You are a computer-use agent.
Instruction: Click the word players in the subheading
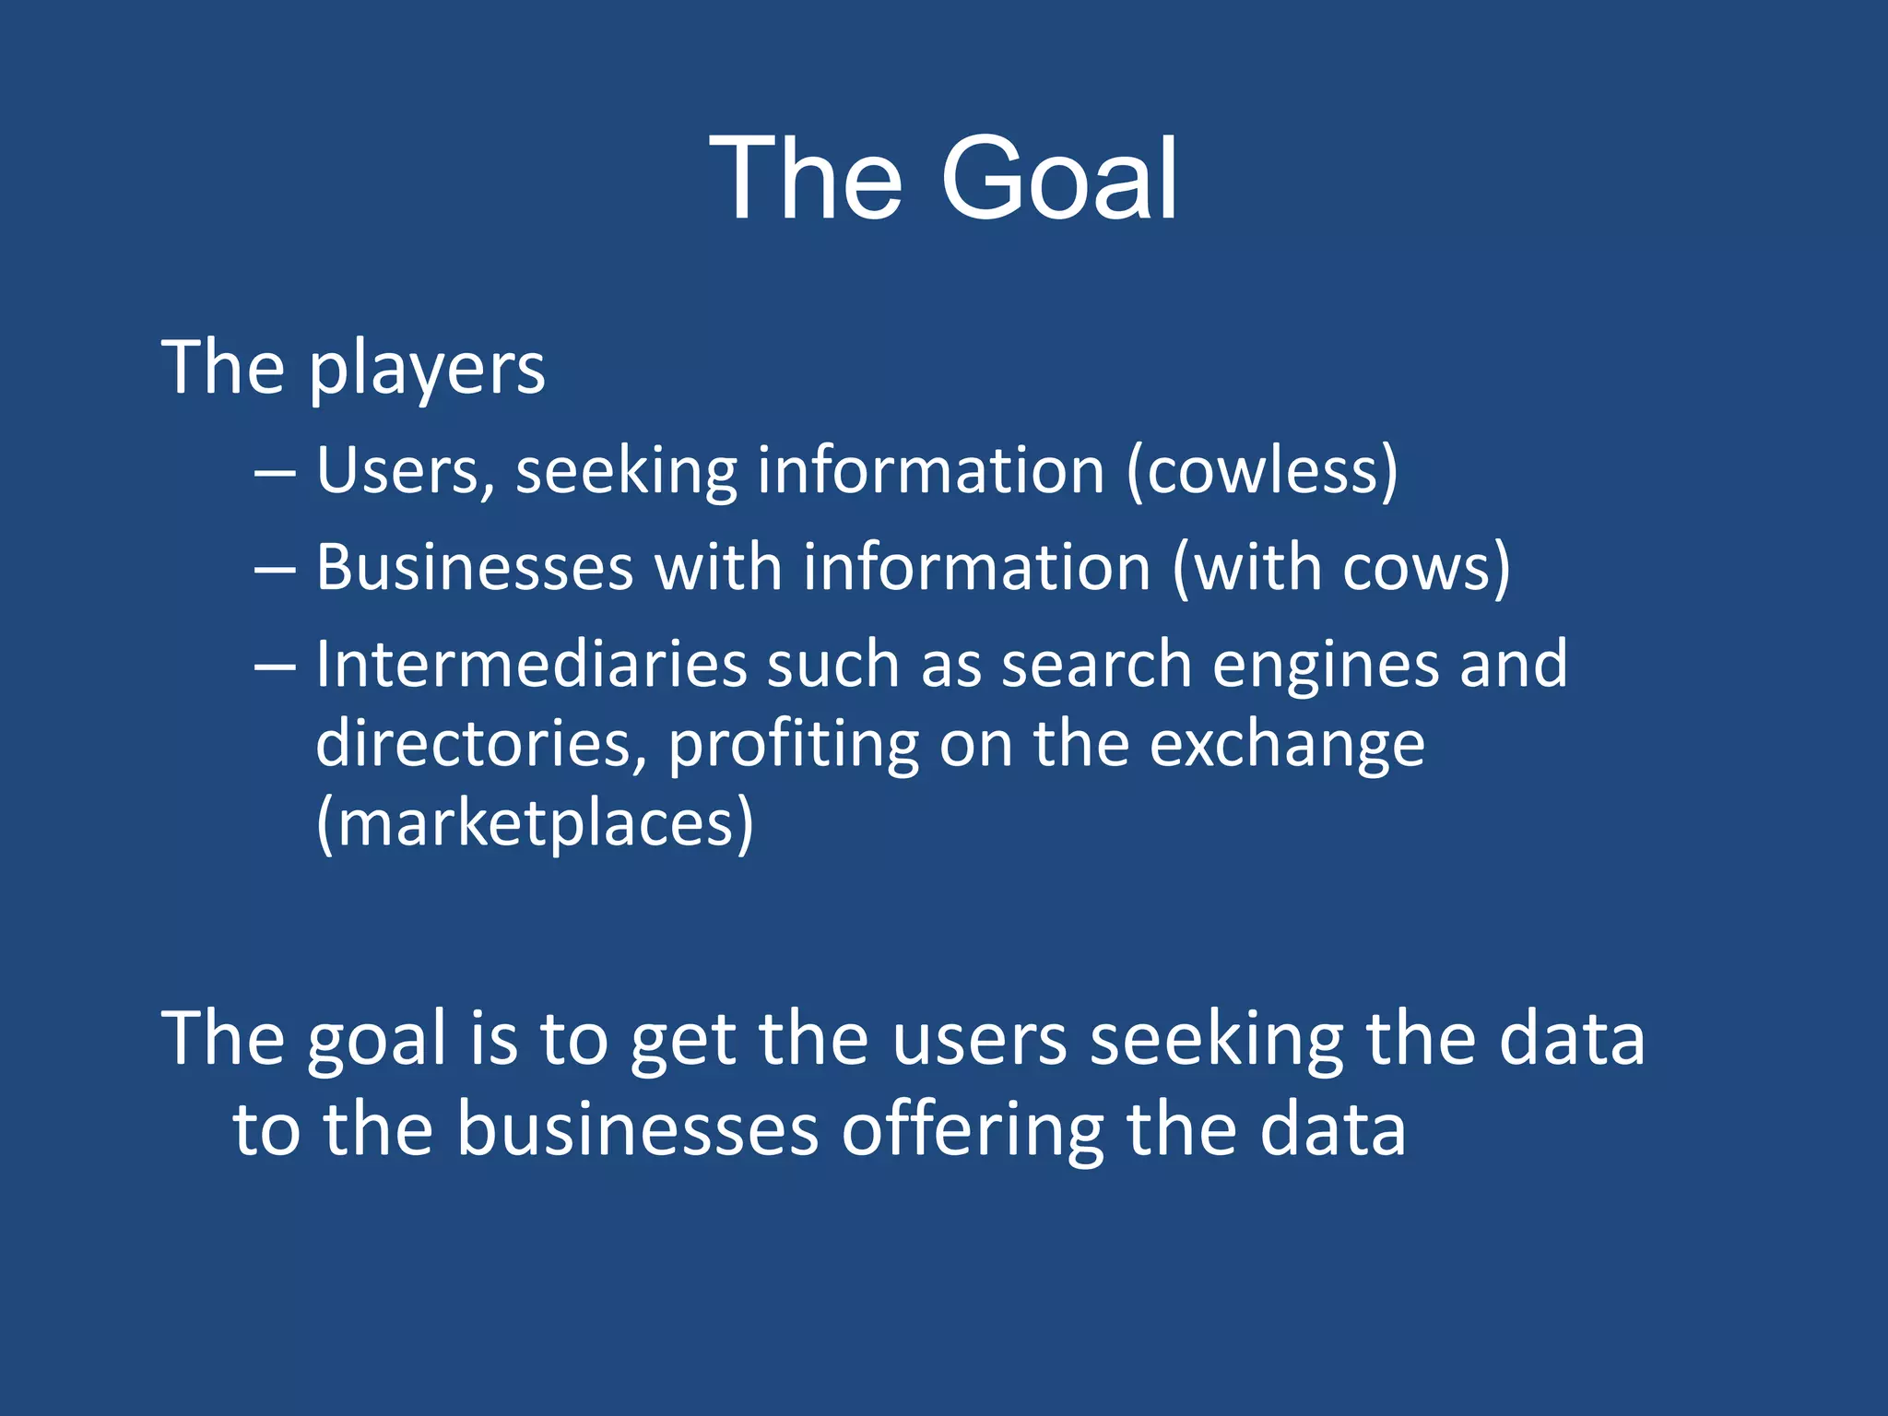point(427,369)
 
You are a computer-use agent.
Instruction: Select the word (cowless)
point(1262,470)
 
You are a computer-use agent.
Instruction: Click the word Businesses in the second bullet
point(475,567)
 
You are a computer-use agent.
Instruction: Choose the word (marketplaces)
point(535,823)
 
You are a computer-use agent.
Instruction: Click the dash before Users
point(275,474)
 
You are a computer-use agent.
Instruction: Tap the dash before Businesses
point(275,571)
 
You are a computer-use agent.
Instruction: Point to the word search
point(1097,664)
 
